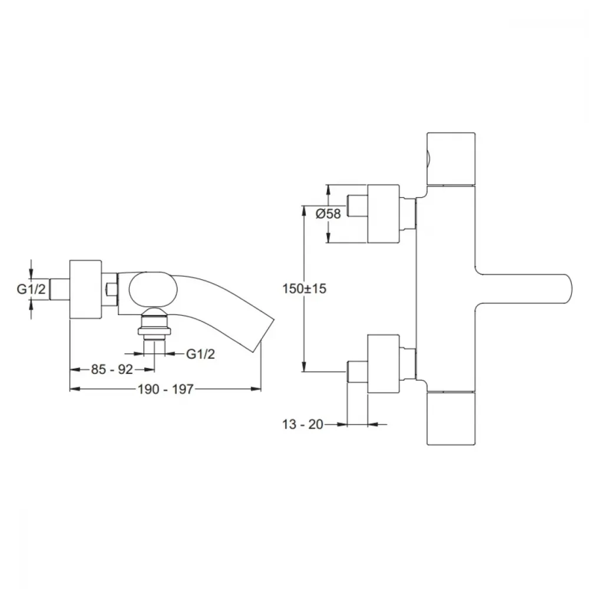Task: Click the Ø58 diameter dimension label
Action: pyautogui.click(x=328, y=214)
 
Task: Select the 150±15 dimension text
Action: pyautogui.click(x=305, y=289)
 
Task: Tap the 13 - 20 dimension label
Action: pyautogui.click(x=302, y=424)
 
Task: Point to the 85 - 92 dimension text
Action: pyautogui.click(x=112, y=369)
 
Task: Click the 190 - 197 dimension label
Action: pyautogui.click(x=166, y=389)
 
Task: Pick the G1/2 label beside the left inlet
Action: pyautogui.click(x=31, y=289)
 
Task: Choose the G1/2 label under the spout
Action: pyautogui.click(x=201, y=354)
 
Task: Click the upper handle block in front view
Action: pyautogui.click(x=451, y=158)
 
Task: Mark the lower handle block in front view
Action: pyautogui.click(x=451, y=418)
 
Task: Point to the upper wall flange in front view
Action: pyautogui.click(x=383, y=214)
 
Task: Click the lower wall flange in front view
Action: pyautogui.click(x=383, y=364)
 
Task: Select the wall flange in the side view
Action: pyautogui.click(x=85, y=289)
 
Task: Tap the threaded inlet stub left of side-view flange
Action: pyautogui.click(x=59, y=289)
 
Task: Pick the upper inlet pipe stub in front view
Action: pyautogui.click(x=358, y=206)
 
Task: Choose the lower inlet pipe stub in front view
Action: pyautogui.click(x=358, y=372)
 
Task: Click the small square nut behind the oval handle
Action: pyautogui.click(x=111, y=289)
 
